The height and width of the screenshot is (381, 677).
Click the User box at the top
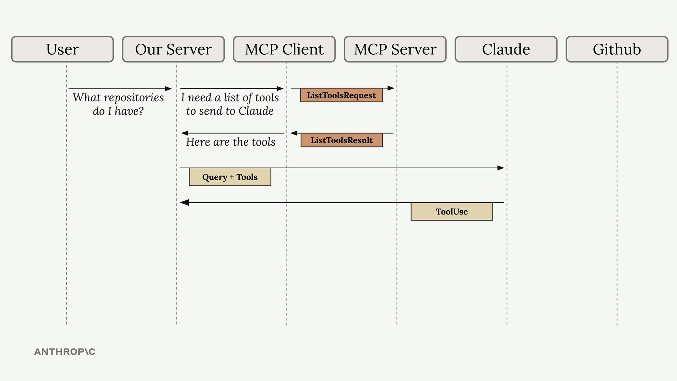coord(62,49)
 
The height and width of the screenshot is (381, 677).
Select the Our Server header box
coord(173,49)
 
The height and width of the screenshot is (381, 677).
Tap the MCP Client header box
coord(284,49)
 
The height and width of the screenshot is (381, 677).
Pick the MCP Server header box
coord(395,49)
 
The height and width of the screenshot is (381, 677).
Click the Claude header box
coord(506,49)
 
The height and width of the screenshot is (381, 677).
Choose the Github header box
coord(617,49)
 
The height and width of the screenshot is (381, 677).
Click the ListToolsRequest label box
coord(341,95)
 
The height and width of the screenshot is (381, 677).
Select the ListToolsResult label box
coord(342,140)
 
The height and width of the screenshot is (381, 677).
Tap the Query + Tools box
coord(230,177)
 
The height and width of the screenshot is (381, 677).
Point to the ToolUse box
coord(452,211)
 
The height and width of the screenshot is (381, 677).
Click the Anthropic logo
coord(65,352)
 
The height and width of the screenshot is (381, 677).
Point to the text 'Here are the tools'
coord(231,142)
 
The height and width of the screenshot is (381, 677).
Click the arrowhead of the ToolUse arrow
coord(184,202)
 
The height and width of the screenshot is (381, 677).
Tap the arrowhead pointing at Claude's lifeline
coord(501,168)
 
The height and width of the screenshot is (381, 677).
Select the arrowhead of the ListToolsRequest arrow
coord(391,88)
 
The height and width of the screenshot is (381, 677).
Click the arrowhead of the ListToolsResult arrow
coord(294,133)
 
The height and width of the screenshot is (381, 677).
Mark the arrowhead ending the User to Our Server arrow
coord(168,89)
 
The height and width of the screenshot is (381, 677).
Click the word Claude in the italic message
coord(256,111)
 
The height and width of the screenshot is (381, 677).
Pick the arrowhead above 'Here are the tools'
coord(185,133)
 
